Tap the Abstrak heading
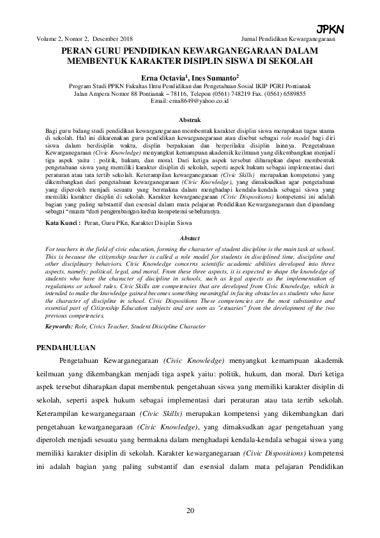(x=190, y=119)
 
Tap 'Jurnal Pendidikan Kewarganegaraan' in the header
(x=293, y=39)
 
